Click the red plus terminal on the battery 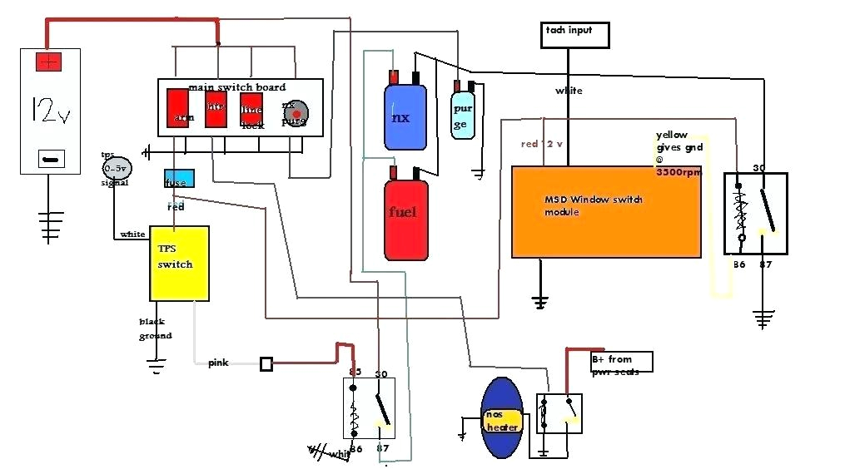(48, 62)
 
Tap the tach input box (574, 34)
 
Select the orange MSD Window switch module (605, 212)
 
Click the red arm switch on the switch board (179, 108)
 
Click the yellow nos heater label (502, 421)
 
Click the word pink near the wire (218, 363)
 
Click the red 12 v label (542, 145)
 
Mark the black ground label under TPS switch (156, 328)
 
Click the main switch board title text (237, 87)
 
